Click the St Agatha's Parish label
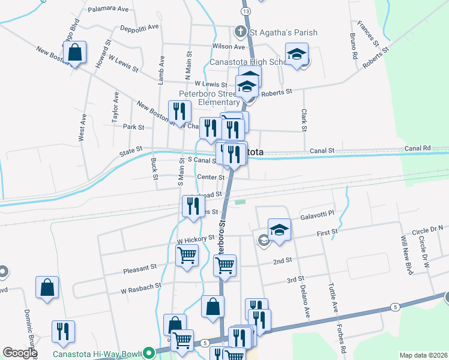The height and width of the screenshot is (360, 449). pyautogui.click(x=284, y=32)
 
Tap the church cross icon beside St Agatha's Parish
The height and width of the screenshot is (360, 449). pyautogui.click(x=240, y=31)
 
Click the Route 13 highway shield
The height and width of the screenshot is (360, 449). pyautogui.click(x=246, y=11)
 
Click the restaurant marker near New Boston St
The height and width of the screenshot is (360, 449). pyautogui.click(x=179, y=111)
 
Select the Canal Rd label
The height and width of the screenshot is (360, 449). pyautogui.click(x=418, y=148)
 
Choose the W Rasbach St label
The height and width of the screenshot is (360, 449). pyautogui.click(x=141, y=290)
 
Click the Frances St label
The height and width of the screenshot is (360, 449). pyautogui.click(x=367, y=34)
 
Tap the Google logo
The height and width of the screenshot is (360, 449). pyautogui.click(x=20, y=353)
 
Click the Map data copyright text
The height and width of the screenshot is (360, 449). pyautogui.click(x=423, y=355)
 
